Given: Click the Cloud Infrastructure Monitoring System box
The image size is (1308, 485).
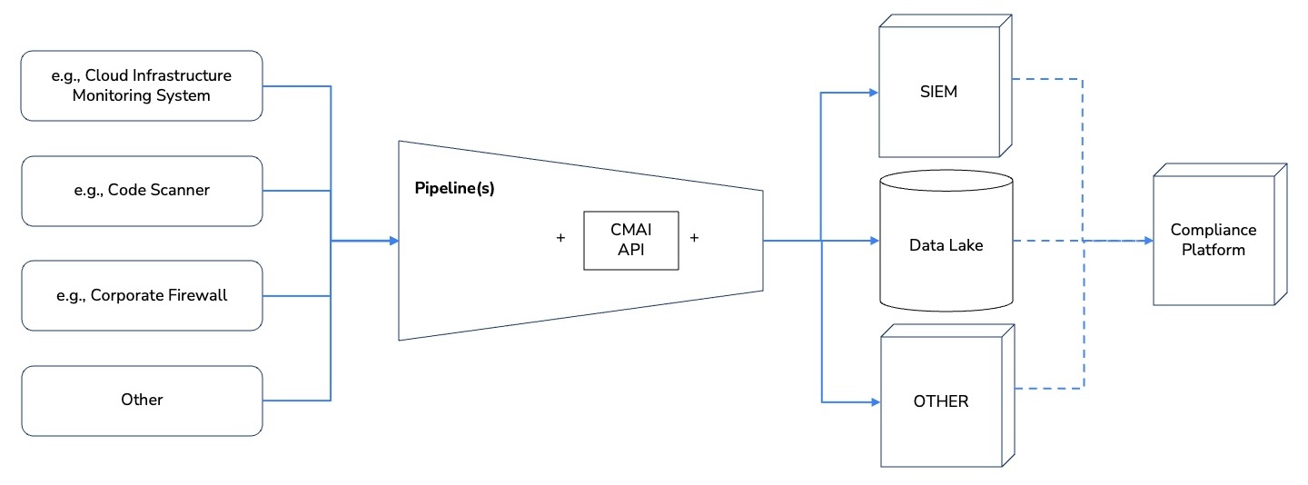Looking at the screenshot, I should [x=141, y=85].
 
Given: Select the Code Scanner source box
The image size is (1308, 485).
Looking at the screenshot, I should [x=141, y=191].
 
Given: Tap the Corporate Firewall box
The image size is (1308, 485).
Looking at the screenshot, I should [x=141, y=295].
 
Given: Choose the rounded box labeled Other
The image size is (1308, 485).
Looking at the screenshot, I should [x=141, y=400].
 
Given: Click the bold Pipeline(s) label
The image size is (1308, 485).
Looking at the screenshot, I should [x=454, y=191].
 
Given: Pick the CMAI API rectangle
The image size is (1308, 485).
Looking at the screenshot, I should [x=630, y=240].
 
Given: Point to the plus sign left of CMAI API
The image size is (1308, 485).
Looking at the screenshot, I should [x=560, y=238].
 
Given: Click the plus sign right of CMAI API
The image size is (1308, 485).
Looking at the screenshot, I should [x=695, y=238].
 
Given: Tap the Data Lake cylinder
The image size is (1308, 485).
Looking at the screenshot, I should [x=946, y=245].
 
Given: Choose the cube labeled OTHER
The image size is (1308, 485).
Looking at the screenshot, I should [x=941, y=401].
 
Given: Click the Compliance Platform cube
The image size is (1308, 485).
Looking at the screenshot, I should [x=1213, y=240].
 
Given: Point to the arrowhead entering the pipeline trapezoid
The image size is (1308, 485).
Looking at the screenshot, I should [x=393, y=241].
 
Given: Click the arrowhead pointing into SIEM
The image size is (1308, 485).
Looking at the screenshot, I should [x=873, y=92].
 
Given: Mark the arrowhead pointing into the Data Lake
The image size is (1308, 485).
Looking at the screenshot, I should [x=874, y=241].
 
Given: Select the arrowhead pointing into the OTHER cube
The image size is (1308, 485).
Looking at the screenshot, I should [x=874, y=401].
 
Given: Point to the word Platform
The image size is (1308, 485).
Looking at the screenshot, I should [x=1213, y=250].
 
